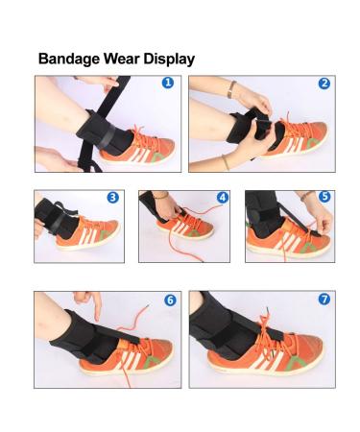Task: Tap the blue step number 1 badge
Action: [x=169, y=84]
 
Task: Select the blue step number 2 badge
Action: [x=324, y=84]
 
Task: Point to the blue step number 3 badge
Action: [x=112, y=198]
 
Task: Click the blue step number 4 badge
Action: [x=222, y=198]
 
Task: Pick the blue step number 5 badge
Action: [x=324, y=198]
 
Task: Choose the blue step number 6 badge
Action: [x=169, y=300]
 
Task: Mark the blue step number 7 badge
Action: [x=324, y=300]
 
